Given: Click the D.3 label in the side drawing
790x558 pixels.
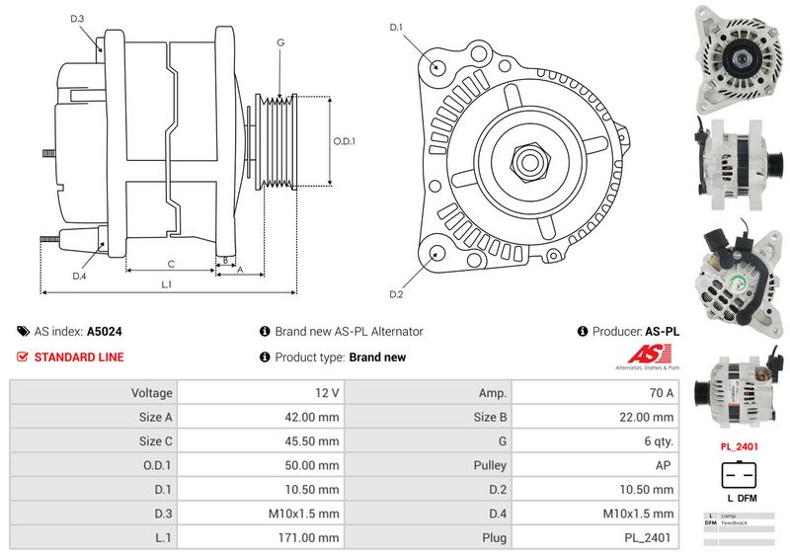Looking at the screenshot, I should pyautogui.click(x=77, y=19).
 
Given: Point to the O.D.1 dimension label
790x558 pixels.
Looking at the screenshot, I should pyautogui.click(x=343, y=141).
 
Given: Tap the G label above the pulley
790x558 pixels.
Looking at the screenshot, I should pyautogui.click(x=280, y=42).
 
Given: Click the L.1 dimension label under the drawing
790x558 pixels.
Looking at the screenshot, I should pyautogui.click(x=167, y=285).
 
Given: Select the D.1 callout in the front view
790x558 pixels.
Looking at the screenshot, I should pyautogui.click(x=396, y=27).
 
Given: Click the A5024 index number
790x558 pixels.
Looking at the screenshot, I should pyautogui.click(x=105, y=332).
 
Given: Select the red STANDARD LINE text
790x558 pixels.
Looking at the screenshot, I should pyautogui.click(x=79, y=358).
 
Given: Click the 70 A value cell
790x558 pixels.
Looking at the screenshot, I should pyautogui.click(x=596, y=393).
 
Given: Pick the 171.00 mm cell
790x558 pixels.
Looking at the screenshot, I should pyautogui.click(x=262, y=538).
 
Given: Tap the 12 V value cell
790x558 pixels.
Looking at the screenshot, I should pyautogui.click(x=262, y=393).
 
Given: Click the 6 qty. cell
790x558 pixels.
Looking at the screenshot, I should pyautogui.click(x=596, y=441).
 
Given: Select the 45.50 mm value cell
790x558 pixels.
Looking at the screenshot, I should pyautogui.click(x=262, y=441).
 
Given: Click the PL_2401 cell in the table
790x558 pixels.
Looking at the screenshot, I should pyautogui.click(x=596, y=538).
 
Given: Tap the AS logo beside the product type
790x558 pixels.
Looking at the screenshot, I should pyautogui.click(x=653, y=356).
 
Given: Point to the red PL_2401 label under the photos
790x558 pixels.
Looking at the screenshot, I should pyautogui.click(x=740, y=446).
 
